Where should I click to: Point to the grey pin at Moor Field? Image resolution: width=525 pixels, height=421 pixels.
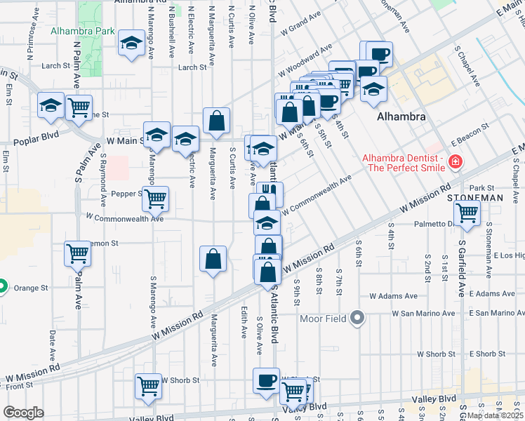358,319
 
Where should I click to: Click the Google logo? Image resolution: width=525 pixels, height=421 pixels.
23,413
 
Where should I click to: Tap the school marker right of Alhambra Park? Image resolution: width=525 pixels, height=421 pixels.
131,45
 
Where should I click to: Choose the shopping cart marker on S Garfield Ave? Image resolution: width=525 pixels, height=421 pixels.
467,213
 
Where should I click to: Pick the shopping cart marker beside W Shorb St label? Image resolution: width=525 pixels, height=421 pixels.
148,386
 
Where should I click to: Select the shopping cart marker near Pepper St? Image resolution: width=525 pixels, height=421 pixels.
155,198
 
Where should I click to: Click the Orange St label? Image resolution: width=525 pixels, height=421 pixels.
31,288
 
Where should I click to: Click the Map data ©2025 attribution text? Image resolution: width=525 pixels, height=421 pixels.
495,415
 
